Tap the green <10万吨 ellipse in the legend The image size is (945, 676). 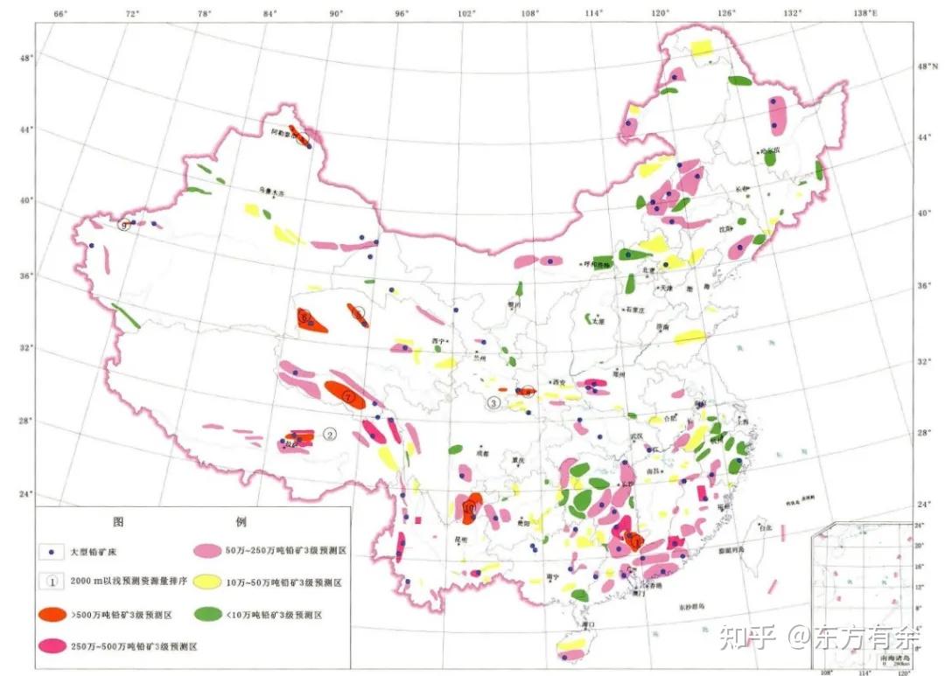coord(208,615)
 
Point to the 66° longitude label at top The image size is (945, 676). coord(60,14)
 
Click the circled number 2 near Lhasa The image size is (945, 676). coord(330,434)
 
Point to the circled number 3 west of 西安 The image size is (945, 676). coord(493,403)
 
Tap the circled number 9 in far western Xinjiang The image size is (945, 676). coord(125,225)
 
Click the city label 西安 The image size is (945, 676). coord(557,383)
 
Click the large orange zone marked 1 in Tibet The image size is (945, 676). coord(345,395)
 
